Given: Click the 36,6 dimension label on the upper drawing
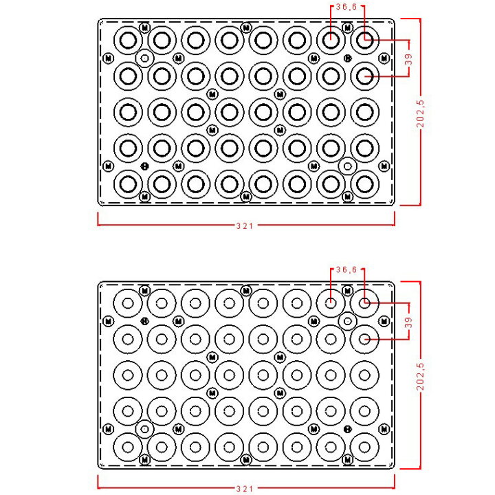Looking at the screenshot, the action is pos(346,7).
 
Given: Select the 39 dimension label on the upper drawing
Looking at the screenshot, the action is pos(409,59).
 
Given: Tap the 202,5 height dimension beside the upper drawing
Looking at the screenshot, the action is pos(421,113).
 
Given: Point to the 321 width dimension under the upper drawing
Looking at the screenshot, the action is pos(245,225).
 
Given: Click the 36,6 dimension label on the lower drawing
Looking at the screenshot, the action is pos(346,269).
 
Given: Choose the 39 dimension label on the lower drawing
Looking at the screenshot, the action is pos(409,322).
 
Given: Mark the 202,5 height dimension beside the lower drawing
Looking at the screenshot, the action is pos(421,377).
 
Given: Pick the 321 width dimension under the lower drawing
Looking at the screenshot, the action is pos(245,489).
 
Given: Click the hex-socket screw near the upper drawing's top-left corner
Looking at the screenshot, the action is pos(145,58).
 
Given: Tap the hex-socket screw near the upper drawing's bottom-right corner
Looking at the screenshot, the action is pos(348,166).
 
